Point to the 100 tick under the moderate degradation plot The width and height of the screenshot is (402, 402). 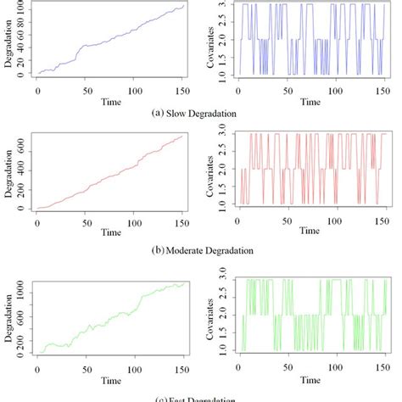coord(134,224)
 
